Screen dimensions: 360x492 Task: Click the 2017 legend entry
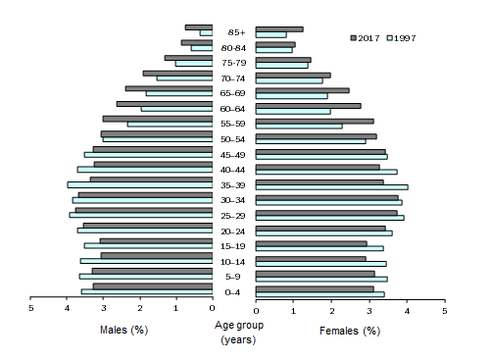(366, 37)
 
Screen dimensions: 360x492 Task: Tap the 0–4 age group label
(234, 292)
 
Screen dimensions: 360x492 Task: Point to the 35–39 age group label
(234, 184)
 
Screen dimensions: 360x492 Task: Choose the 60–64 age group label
(234, 109)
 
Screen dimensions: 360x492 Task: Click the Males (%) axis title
(124, 330)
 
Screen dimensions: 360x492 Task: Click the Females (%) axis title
(349, 331)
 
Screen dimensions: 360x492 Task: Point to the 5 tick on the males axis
(30, 308)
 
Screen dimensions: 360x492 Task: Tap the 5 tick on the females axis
(444, 308)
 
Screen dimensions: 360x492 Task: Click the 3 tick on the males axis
(103, 308)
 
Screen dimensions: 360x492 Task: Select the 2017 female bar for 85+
(279, 29)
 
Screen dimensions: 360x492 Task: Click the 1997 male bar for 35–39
(140, 185)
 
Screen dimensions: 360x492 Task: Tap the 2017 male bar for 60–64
(165, 104)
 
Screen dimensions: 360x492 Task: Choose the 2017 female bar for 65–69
(303, 89)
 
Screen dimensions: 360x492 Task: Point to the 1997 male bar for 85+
(206, 34)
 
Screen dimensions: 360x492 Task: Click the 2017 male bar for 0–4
(153, 286)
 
